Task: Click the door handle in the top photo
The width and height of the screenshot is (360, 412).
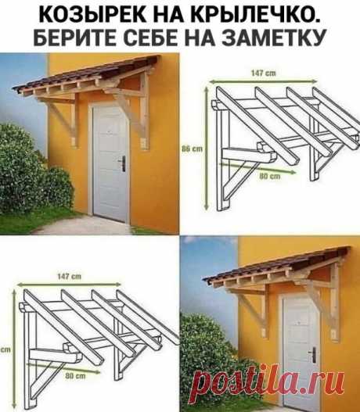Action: point(122,163)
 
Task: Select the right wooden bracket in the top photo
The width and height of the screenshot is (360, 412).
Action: point(142,117)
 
